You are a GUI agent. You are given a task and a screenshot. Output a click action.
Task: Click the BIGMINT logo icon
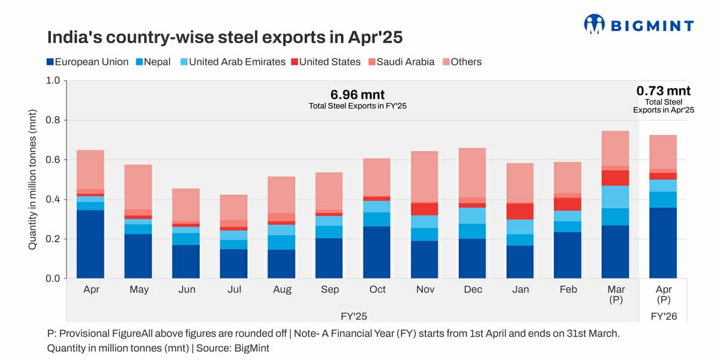(x=594, y=24)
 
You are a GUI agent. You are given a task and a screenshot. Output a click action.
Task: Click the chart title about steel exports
(x=224, y=37)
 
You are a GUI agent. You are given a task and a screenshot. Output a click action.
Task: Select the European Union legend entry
(x=88, y=62)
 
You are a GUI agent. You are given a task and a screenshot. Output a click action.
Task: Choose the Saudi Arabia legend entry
(x=401, y=62)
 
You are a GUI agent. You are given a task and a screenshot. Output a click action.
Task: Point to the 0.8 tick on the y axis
(x=53, y=121)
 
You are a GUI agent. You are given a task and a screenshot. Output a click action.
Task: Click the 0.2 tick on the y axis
(x=53, y=239)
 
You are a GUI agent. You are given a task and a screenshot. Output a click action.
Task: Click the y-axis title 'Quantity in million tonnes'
(x=34, y=180)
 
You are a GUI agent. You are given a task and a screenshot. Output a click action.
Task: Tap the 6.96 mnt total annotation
(x=357, y=95)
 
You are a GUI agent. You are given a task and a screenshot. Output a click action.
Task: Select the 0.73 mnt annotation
(x=664, y=91)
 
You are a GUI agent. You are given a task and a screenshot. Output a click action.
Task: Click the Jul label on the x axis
(x=235, y=290)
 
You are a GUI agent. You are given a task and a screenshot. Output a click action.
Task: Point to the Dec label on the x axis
(x=473, y=290)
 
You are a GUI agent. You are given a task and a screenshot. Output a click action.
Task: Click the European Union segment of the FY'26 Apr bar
(x=664, y=243)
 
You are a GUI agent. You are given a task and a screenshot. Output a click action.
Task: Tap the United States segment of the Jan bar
(x=520, y=211)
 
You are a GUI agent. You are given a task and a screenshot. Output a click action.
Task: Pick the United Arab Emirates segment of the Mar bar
(x=616, y=197)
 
